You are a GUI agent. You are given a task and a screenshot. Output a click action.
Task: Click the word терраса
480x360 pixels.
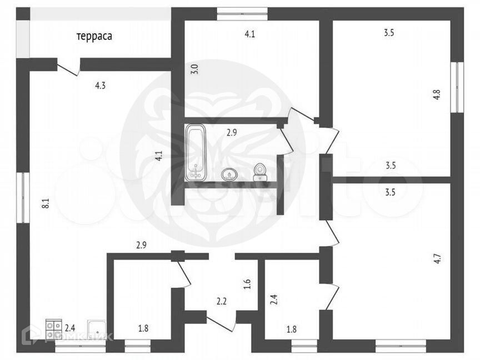[x=94, y=37]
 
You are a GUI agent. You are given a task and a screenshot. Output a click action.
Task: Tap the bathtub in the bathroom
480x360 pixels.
[x=196, y=152]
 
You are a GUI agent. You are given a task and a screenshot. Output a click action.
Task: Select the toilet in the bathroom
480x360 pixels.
[x=259, y=172]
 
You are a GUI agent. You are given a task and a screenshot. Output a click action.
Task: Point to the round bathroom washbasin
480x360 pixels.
[x=229, y=174]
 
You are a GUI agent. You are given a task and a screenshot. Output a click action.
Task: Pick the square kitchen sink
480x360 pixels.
[x=98, y=329]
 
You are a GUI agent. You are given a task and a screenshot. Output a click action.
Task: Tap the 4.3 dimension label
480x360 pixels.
[x=100, y=86]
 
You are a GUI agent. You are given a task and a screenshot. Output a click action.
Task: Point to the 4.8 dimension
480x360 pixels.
[x=437, y=94]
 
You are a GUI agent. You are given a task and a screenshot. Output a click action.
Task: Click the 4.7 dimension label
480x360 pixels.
[x=437, y=258]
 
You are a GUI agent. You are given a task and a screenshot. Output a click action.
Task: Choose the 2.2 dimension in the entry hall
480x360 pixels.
[x=222, y=302]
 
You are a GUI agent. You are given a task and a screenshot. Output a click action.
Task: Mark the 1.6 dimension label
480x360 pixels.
[x=248, y=284]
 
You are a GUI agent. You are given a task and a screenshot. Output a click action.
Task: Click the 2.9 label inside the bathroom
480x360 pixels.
[x=232, y=132]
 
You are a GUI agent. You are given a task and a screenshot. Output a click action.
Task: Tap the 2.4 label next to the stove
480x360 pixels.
[x=70, y=328]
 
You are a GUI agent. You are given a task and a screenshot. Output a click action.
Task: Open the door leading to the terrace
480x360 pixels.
[x=69, y=68]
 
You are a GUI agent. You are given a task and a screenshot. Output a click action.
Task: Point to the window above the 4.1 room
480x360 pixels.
[x=242, y=13]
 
